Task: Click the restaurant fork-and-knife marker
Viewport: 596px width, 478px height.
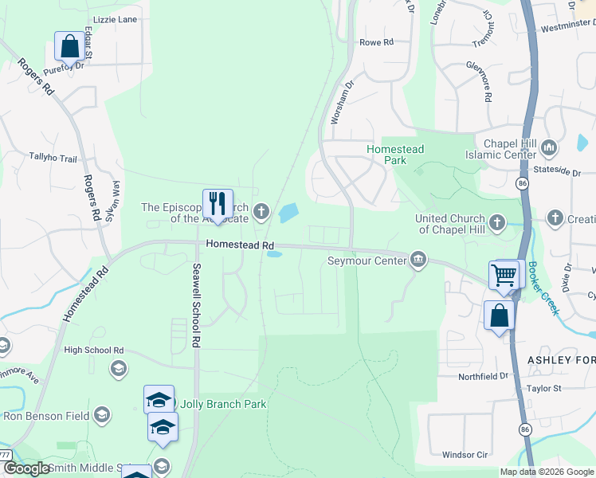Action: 218,204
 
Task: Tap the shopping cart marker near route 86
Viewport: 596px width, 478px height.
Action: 504,275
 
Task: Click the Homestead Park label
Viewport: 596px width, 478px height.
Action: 395,155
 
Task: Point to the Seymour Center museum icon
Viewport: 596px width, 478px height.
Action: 418,260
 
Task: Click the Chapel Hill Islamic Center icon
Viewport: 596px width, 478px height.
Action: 548,147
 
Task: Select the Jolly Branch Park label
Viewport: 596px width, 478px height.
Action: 223,404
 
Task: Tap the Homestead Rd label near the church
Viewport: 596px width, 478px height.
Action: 240,246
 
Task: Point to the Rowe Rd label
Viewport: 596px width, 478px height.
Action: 377,42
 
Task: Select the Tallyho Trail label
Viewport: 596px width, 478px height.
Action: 53,157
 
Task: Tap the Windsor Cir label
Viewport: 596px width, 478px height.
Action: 465,455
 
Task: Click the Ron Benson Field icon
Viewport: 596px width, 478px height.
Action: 101,414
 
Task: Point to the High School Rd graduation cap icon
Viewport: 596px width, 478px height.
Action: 118,367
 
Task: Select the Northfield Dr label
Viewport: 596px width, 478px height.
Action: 483,376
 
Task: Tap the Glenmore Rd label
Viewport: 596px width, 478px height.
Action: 481,81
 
